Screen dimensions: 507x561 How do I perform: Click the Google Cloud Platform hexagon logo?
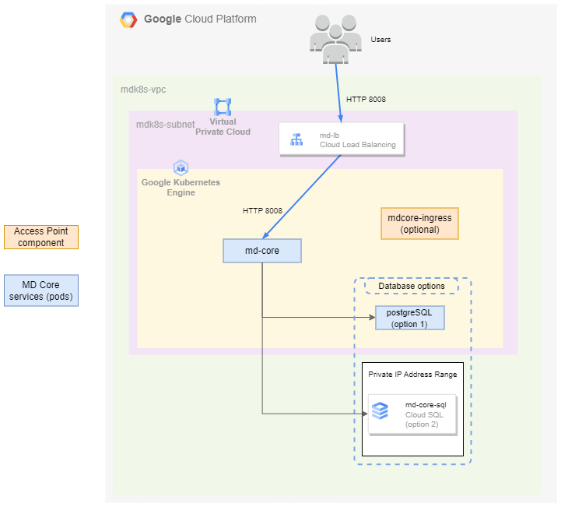(128, 20)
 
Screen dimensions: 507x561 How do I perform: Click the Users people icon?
(335, 38)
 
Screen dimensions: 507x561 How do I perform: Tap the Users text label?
(380, 40)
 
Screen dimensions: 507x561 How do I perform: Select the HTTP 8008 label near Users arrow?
(366, 100)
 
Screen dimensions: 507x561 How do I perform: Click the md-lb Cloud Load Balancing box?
(342, 139)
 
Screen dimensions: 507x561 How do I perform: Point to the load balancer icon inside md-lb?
(296, 140)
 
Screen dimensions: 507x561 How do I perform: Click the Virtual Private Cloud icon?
(223, 107)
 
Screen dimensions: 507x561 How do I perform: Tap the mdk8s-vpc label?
(143, 90)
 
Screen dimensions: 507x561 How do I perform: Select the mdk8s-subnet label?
(165, 124)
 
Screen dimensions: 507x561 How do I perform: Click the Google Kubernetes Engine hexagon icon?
(181, 167)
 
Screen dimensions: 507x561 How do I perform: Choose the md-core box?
(261, 251)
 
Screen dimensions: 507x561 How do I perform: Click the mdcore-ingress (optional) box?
(419, 224)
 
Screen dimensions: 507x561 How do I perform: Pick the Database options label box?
(412, 286)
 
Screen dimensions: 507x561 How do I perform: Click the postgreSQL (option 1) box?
(409, 318)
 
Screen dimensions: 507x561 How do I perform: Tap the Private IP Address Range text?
(412, 375)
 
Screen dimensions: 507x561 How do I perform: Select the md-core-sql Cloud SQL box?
(412, 414)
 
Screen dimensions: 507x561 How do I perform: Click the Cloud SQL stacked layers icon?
(380, 410)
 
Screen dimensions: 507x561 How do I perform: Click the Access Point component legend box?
(40, 237)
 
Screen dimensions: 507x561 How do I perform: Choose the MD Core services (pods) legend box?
(40, 290)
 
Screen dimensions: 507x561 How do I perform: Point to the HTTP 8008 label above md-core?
(262, 210)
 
